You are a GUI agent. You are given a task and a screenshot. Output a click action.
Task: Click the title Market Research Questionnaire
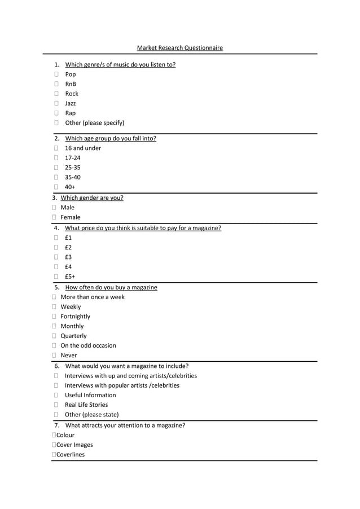click(179, 48)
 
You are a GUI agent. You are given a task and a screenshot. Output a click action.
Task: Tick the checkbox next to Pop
click(57, 74)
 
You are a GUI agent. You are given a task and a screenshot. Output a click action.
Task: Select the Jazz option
click(70, 103)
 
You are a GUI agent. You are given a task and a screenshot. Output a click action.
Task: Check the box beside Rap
click(57, 113)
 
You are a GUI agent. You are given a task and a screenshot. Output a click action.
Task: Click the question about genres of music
click(120, 65)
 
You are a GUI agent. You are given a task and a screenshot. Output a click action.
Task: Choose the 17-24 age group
click(72, 158)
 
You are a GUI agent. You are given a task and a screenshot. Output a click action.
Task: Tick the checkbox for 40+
click(57, 187)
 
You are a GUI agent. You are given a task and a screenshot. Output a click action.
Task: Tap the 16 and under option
click(83, 148)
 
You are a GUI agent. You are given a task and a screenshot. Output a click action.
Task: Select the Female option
click(70, 217)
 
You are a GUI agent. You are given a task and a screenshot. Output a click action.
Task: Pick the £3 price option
click(68, 257)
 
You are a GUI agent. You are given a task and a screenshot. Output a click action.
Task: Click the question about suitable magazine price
click(143, 229)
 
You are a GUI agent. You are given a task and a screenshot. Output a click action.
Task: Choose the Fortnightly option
click(75, 317)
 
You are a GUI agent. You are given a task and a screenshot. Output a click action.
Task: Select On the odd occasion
click(88, 346)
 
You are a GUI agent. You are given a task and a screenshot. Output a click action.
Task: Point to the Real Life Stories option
click(86, 405)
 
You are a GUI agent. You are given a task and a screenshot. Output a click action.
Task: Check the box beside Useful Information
click(57, 396)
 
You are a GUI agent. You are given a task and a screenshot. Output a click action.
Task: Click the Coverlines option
click(70, 455)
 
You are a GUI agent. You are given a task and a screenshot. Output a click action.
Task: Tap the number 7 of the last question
click(56, 425)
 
